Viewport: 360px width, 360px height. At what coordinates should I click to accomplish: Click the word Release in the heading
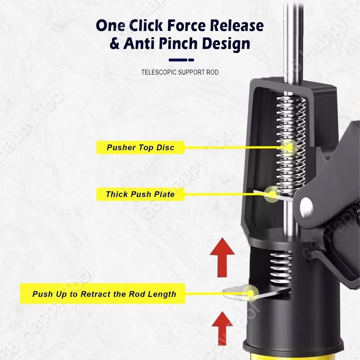click(x=237, y=25)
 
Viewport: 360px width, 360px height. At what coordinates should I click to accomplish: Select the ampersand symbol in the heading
click(x=114, y=44)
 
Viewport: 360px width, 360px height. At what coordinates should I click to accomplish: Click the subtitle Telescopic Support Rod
click(x=180, y=72)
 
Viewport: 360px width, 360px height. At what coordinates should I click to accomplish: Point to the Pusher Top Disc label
click(x=141, y=147)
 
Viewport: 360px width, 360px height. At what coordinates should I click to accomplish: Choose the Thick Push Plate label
click(x=141, y=194)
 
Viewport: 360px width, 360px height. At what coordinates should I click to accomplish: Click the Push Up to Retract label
click(x=103, y=294)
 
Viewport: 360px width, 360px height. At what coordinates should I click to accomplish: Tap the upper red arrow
click(x=222, y=257)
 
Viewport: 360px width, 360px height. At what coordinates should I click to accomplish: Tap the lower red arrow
click(x=222, y=328)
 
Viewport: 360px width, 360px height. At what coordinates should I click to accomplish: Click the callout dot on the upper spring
click(x=289, y=147)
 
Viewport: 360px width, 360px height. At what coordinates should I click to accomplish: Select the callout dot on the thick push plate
click(x=272, y=194)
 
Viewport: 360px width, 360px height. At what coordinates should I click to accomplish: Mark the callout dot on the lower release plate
click(x=251, y=293)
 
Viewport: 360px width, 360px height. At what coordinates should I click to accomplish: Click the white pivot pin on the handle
click(x=306, y=208)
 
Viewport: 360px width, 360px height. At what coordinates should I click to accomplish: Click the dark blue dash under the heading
click(x=181, y=60)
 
